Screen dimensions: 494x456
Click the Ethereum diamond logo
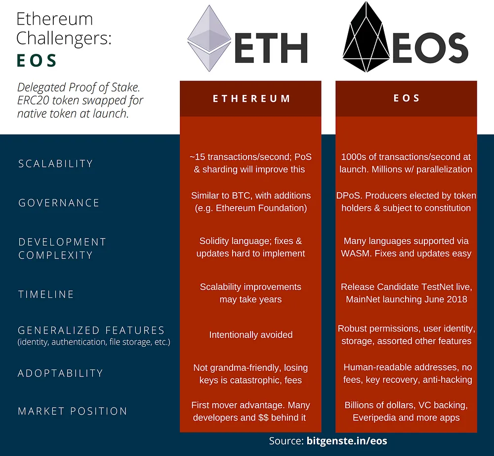pos(209,39)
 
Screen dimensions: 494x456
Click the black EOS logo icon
pos(366,37)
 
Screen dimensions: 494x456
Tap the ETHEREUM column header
pos(251,99)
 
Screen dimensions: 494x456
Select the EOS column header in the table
pos(407,98)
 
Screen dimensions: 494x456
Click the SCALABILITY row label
pos(56,164)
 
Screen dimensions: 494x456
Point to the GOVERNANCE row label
pos(59,203)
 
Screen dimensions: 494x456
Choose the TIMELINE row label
pos(46,294)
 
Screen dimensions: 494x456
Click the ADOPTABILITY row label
pos(60,373)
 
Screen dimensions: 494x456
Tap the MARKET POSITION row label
pos(73,411)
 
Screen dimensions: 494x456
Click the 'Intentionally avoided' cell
pos(251,334)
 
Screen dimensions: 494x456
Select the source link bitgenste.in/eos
pos(347,441)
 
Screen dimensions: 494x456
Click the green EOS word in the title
pos(37,60)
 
